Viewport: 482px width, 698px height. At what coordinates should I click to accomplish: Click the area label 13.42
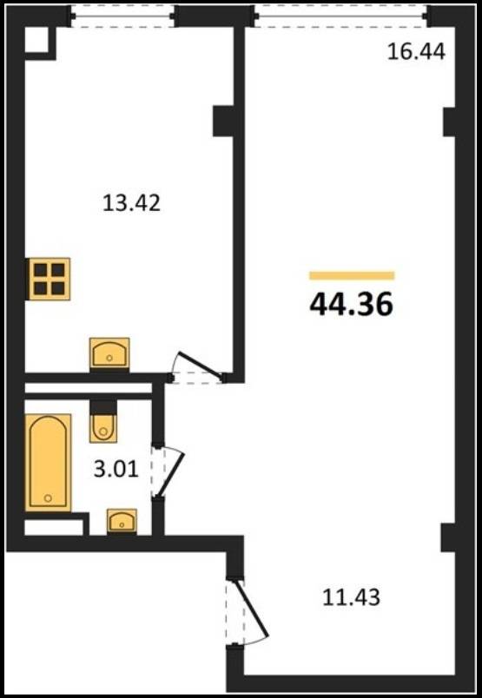[131, 203]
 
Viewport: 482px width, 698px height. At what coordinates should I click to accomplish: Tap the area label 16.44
[416, 51]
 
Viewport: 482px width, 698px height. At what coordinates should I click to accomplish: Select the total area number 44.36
[352, 305]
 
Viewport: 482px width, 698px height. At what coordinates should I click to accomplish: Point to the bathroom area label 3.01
[116, 469]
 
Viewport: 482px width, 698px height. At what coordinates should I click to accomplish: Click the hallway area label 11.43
[351, 597]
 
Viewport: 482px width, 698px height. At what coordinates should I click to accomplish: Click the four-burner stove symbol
[49, 279]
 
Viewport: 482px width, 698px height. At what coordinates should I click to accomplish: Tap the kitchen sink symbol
[109, 353]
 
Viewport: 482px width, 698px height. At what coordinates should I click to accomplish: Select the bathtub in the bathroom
[48, 463]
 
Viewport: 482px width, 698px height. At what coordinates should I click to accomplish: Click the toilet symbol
[103, 422]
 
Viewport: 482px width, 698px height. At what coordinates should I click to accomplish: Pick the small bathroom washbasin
[122, 521]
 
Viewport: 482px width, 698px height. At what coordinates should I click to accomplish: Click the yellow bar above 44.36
[352, 276]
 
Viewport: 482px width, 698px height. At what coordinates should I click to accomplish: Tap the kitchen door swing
[198, 366]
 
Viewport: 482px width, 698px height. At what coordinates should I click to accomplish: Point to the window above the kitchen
[122, 16]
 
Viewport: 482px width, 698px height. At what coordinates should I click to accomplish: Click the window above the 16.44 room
[341, 16]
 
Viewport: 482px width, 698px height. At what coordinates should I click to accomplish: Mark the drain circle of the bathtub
[48, 497]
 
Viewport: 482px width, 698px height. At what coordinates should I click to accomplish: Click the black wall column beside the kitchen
[223, 121]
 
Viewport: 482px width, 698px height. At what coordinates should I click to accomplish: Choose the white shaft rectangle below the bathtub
[54, 527]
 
